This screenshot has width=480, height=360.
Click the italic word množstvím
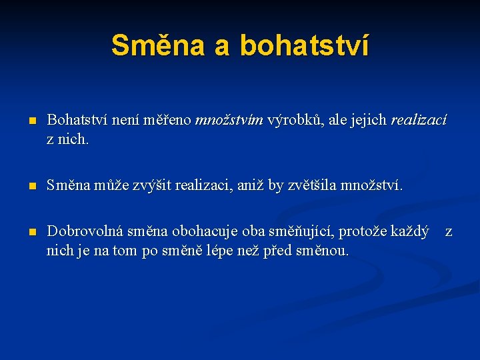[x=229, y=120]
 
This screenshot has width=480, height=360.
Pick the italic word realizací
[x=419, y=120]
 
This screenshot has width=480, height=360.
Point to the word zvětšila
[x=312, y=185]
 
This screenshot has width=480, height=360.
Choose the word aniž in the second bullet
[x=249, y=185]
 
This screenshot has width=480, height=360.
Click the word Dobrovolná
[x=85, y=232]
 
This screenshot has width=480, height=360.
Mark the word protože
[x=364, y=232]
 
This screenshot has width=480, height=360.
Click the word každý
[x=409, y=232]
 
